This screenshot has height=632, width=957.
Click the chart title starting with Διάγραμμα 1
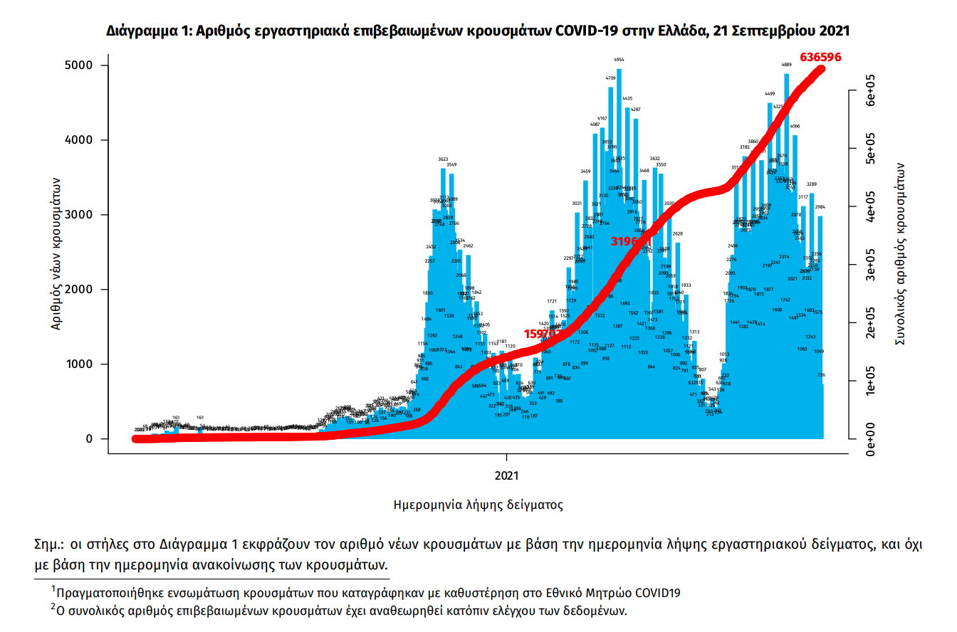pos(478,31)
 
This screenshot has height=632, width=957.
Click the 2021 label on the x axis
pos(506,474)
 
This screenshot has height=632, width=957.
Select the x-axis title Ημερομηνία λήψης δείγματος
pos(478,505)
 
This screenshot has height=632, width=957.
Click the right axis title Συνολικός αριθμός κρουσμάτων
pos(900,253)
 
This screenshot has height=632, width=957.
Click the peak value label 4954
pos(619,60)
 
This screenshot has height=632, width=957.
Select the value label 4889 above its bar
pos(787,65)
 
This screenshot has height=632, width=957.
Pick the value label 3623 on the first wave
pos(443,159)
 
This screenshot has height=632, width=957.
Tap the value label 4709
pos(611,78)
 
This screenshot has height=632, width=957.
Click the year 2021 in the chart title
pos(835,31)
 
